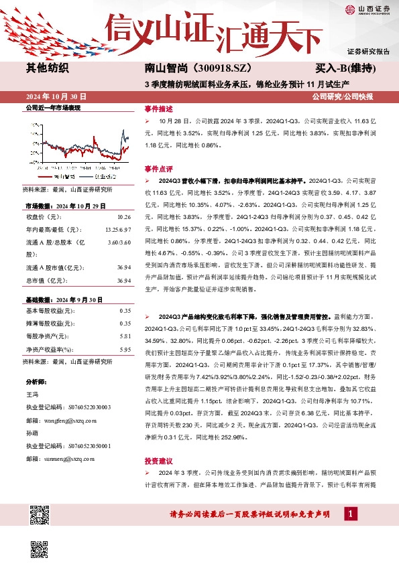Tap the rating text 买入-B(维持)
coord(344,68)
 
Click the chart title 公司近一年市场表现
coord(52,108)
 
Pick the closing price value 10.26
coord(123,217)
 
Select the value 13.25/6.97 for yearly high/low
coord(117,229)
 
